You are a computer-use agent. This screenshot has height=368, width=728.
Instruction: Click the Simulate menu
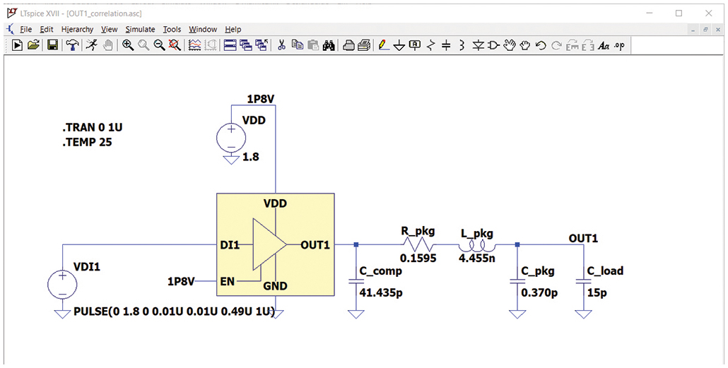pos(140,29)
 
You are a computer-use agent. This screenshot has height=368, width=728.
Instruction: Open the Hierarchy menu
pos(77,29)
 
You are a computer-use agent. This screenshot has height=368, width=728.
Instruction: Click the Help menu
pos(233,29)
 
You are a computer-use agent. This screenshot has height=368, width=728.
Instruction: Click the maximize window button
pos(679,13)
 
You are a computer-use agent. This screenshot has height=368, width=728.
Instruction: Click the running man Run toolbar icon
pos(91,45)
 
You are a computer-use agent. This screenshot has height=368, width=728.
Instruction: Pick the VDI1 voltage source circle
pos(62,285)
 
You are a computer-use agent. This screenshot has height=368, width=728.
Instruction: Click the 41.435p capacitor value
pos(380,291)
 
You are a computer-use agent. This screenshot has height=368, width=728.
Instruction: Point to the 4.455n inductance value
pos(476,259)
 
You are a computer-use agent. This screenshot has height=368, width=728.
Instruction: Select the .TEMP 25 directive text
pos(87,142)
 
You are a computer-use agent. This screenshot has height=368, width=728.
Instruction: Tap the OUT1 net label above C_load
pos(583,239)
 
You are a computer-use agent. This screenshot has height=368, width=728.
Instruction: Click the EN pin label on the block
pos(228,280)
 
